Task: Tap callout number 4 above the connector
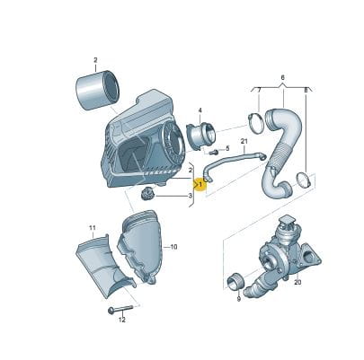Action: (x=200, y=111)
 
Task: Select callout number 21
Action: (x=244, y=141)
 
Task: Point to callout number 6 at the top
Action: (x=283, y=77)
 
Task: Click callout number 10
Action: (x=173, y=247)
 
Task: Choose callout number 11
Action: (x=93, y=228)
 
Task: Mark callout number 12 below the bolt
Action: (x=121, y=320)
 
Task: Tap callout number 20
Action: (x=297, y=282)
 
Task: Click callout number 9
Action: (x=238, y=299)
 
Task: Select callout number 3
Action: (x=190, y=196)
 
